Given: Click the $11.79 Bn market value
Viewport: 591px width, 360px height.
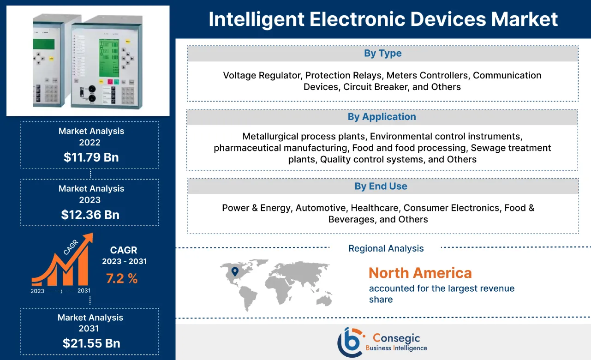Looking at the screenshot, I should coord(91,157).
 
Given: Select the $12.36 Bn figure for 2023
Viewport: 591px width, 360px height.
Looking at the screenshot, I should coord(90,215).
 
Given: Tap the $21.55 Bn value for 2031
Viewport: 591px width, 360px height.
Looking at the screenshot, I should coord(91,343).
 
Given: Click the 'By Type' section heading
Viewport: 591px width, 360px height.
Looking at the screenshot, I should coord(382,54).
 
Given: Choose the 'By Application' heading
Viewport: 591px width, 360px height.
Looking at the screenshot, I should coord(382,117).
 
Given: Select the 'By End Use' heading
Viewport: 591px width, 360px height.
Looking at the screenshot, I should coord(381,186).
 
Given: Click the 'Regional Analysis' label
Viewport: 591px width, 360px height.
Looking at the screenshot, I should coord(386,248).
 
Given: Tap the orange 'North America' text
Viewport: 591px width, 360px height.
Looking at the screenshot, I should coord(420,273).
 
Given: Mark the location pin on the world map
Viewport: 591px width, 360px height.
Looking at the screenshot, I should coord(234,271).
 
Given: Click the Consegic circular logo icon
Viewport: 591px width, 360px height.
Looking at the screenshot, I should coord(349,342).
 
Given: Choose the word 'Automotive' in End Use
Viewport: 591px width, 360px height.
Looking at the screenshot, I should coord(320,208).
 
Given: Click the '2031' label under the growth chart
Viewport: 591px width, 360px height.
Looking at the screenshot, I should coord(84,291).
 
